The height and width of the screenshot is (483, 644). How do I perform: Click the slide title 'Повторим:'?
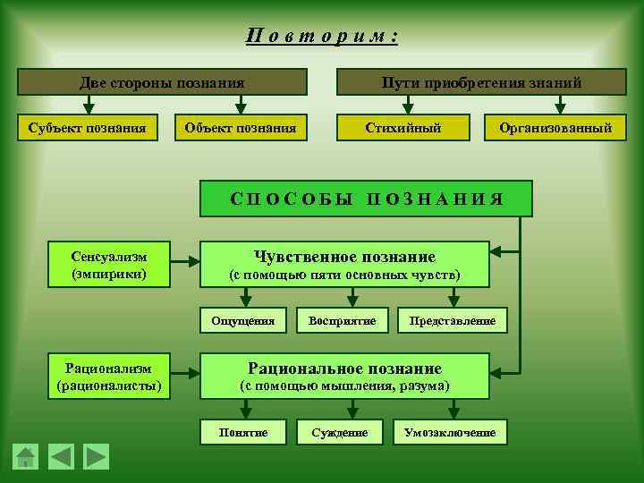(322, 37)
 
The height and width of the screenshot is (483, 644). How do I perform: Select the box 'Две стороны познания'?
(162, 82)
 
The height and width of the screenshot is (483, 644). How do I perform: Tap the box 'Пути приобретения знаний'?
(481, 82)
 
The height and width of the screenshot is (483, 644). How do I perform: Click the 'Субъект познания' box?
(89, 128)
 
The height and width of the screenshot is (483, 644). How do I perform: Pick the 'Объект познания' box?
(241, 128)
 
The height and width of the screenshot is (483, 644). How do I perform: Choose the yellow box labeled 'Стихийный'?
(402, 128)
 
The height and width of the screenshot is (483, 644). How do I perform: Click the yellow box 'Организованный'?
(556, 128)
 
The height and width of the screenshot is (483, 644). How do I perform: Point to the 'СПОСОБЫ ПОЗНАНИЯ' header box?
(366, 199)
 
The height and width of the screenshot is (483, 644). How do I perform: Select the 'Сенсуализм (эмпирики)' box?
(110, 264)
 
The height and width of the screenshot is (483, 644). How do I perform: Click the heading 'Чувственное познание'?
(345, 257)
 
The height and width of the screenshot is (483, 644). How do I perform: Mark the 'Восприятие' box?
(342, 319)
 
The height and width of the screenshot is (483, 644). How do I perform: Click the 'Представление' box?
(452, 319)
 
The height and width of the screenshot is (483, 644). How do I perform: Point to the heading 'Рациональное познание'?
(345, 368)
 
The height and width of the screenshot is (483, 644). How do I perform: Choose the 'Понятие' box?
(243, 432)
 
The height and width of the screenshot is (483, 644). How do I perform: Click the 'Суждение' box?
(340, 432)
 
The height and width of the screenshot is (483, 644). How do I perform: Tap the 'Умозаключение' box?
(450, 432)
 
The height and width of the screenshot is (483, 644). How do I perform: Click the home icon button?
(26, 456)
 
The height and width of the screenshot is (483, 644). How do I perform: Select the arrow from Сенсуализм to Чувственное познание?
(186, 263)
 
